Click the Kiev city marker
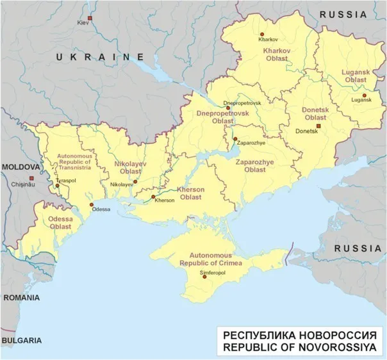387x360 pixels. [x=91, y=18]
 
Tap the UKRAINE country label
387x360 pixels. [x=99, y=57]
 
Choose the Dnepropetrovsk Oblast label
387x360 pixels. [x=215, y=116]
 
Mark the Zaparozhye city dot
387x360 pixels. [x=235, y=138]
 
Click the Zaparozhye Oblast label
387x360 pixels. [x=254, y=166]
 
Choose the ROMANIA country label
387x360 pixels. [x=20, y=298]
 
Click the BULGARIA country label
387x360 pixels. [x=22, y=340]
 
